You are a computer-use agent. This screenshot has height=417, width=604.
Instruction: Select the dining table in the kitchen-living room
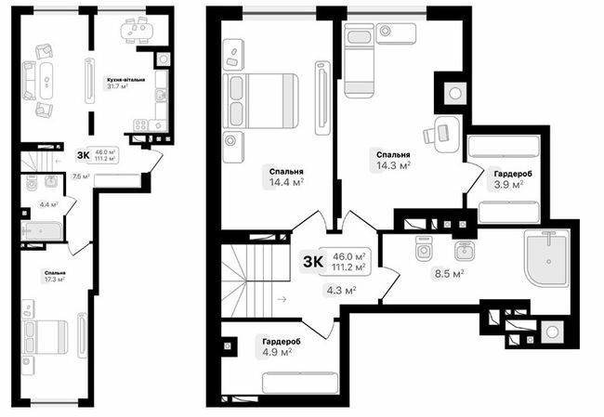[x=141, y=32]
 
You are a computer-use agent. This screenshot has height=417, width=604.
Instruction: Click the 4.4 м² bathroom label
[x=48, y=204]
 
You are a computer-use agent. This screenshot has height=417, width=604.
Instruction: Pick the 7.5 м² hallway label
[x=81, y=176]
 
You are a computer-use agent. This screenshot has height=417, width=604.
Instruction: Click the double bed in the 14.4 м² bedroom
[x=263, y=99]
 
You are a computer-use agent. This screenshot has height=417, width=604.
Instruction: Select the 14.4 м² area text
[x=286, y=183]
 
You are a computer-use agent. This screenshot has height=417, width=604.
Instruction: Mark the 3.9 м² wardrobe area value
[x=507, y=185]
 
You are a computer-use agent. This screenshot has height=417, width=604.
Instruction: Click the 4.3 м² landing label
[x=342, y=291]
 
